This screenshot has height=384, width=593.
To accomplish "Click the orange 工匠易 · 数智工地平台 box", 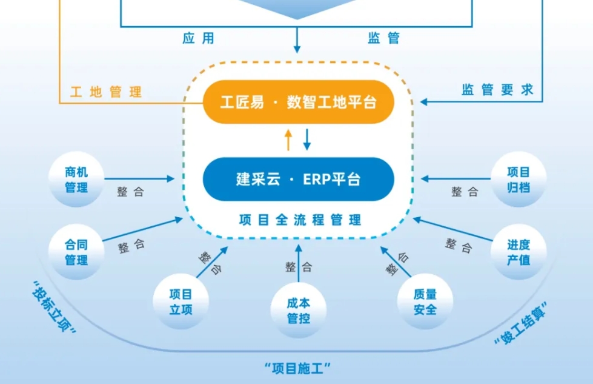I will point(298,102).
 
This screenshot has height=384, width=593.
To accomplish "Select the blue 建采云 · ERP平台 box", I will point(298,180).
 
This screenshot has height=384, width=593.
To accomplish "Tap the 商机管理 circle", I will point(76,180).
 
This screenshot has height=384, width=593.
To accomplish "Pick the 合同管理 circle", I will point(76,252).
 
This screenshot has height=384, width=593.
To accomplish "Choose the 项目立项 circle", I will point(181,301).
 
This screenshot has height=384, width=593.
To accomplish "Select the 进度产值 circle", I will point(518,252).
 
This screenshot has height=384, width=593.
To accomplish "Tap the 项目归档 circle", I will point(518,180).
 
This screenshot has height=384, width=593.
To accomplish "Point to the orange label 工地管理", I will point(106,92).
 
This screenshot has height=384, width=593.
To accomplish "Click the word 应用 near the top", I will point(198,38).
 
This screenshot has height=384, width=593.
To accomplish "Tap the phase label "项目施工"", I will point(299,367).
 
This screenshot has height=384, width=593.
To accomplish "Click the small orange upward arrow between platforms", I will point(288,140).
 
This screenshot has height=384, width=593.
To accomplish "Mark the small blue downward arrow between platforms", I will point(306,139).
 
